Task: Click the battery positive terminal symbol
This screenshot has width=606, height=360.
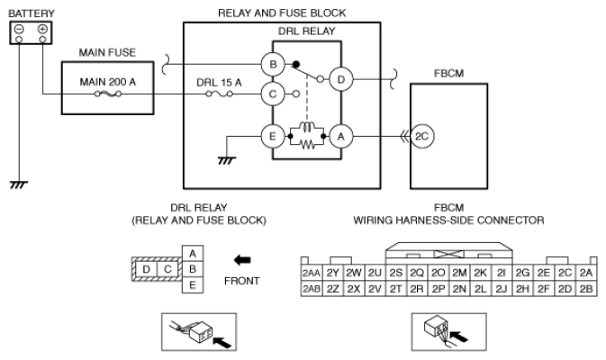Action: pyautogui.click(x=42, y=29)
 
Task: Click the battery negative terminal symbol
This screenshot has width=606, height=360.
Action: pyautogui.click(x=19, y=29)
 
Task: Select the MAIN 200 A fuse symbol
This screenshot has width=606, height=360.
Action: pyautogui.click(x=108, y=94)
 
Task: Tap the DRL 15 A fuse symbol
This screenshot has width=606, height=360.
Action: pyautogui.click(x=219, y=94)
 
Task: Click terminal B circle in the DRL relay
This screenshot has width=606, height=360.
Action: pyautogui.click(x=273, y=64)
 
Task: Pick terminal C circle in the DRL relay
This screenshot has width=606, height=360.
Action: pyautogui.click(x=273, y=94)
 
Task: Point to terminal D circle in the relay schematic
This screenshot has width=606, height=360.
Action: pyautogui.click(x=341, y=79)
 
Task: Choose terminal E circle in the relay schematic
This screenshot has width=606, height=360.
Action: pyautogui.click(x=273, y=137)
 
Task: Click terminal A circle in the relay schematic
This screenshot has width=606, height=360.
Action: pyautogui.click(x=341, y=137)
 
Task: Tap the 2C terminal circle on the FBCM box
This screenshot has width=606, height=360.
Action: pyautogui.click(x=422, y=137)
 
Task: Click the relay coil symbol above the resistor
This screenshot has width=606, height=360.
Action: pyautogui.click(x=307, y=128)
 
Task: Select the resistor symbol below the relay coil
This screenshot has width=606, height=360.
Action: pyautogui.click(x=307, y=145)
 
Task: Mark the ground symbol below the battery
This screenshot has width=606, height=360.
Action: pyautogui.click(x=19, y=184)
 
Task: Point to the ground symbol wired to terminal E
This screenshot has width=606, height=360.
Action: pyautogui.click(x=227, y=160)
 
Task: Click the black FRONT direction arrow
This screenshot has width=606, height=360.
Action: pyautogui.click(x=242, y=260)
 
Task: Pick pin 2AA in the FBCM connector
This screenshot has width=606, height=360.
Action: pyautogui.click(x=312, y=273)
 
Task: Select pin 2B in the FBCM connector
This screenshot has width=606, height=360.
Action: pyautogui.click(x=586, y=289)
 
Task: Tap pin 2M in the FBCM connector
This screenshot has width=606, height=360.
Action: pyautogui.click(x=459, y=273)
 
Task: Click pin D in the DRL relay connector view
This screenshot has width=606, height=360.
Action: pyautogui.click(x=146, y=269)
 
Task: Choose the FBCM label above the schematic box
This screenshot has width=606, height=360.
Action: pyautogui.click(x=448, y=74)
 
